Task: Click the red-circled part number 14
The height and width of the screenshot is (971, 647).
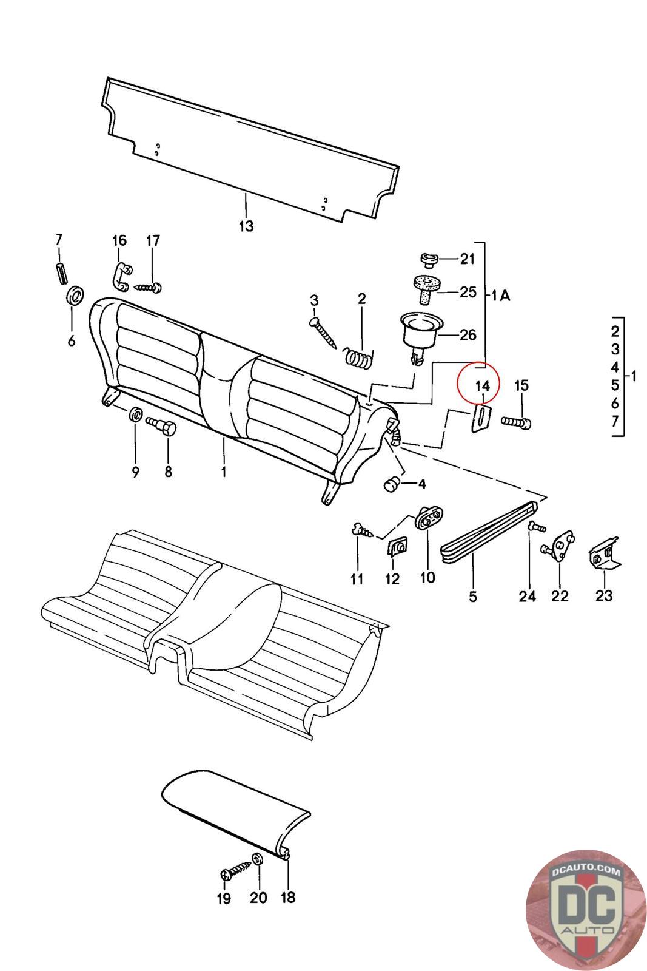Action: coord(483,385)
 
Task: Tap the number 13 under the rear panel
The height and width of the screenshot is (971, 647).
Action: coord(246,226)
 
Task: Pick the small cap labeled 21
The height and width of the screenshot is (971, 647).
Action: coord(430,260)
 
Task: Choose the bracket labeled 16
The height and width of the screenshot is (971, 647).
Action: coord(120,277)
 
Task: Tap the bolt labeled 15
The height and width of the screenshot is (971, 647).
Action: coord(517,421)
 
